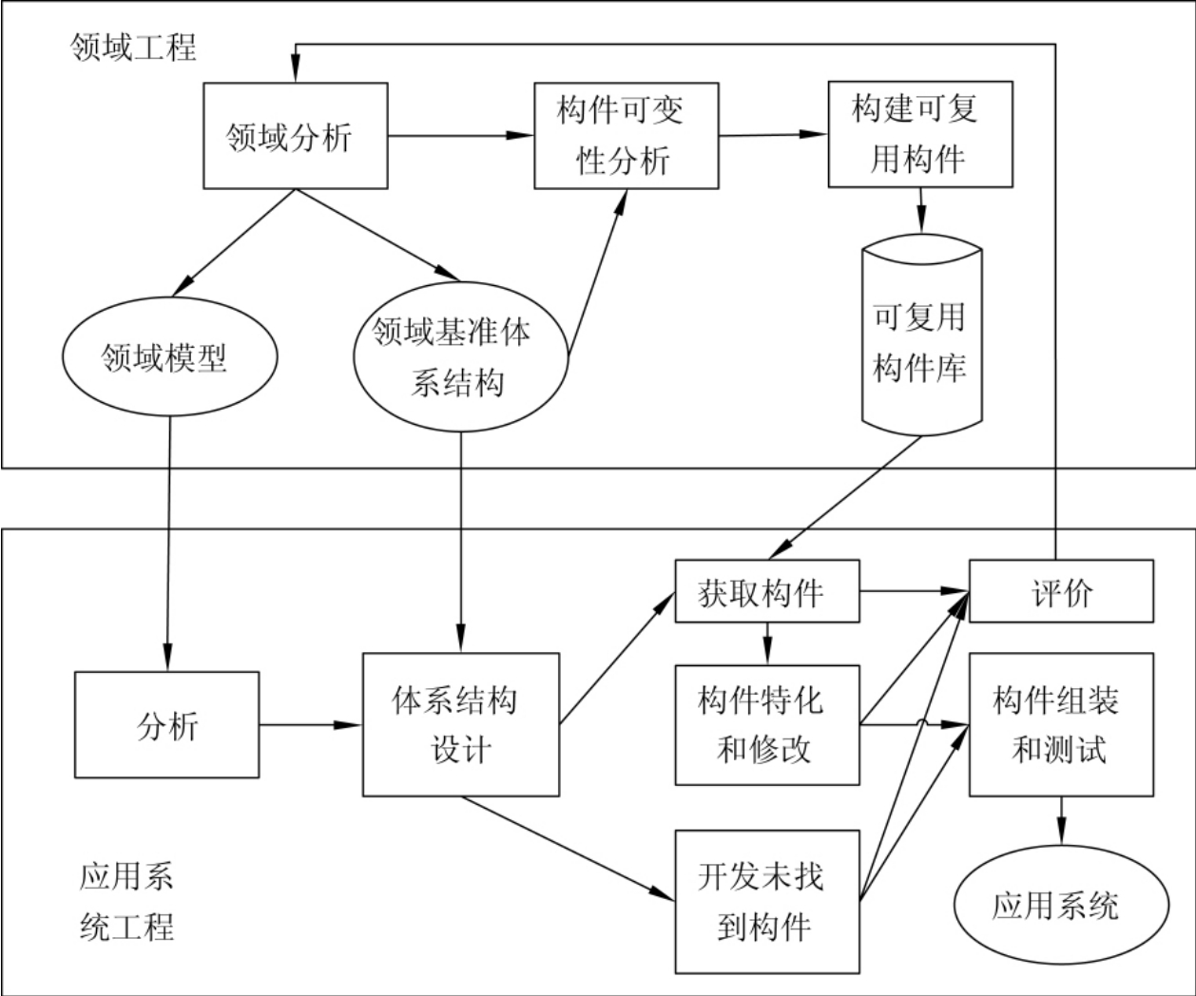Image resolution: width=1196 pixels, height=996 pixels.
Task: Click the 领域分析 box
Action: coord(296,135)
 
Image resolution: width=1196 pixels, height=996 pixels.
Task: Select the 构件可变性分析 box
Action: coord(626,135)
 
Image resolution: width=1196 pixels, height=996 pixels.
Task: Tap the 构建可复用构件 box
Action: coord(920,133)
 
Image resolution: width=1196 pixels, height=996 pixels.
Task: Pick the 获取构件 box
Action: coord(766,593)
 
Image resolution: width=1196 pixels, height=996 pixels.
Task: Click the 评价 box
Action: coord(1061,593)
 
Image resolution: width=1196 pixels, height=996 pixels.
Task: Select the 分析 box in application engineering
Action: coord(166,725)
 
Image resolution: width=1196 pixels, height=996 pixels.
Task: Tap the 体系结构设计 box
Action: coord(460,725)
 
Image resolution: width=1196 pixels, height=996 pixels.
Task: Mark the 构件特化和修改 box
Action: coord(766,725)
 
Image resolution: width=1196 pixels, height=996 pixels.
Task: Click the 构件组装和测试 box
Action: coord(1061,725)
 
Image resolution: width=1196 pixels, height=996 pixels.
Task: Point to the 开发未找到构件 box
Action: coord(766,901)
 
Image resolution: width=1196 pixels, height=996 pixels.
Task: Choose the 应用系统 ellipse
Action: coord(1061,905)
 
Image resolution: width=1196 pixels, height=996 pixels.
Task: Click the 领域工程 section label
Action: coord(134,47)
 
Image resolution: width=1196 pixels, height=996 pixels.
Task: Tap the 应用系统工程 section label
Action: coord(126,901)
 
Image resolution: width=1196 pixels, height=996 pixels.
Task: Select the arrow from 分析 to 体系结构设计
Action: coord(310,726)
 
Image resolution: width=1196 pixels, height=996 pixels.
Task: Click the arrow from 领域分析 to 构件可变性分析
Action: coord(460,135)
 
